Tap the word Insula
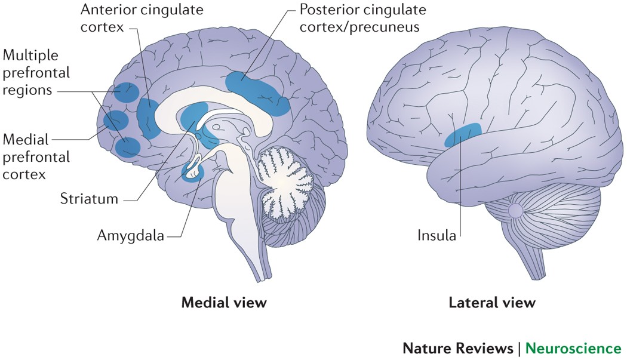[x=437, y=235]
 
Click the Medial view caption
[x=224, y=302]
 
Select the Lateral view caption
[x=492, y=302]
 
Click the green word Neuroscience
[x=576, y=348]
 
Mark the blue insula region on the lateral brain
[x=463, y=135]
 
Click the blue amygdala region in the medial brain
[x=192, y=173]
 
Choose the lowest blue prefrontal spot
[x=128, y=146]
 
